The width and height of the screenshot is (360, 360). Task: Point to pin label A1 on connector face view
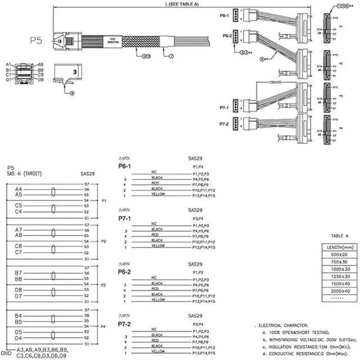8,64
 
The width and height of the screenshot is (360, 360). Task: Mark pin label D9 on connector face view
41,79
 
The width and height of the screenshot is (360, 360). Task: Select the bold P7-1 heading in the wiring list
124,218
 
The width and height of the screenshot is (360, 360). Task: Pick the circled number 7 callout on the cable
165,56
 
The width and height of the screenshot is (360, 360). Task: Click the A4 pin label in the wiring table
19,189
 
